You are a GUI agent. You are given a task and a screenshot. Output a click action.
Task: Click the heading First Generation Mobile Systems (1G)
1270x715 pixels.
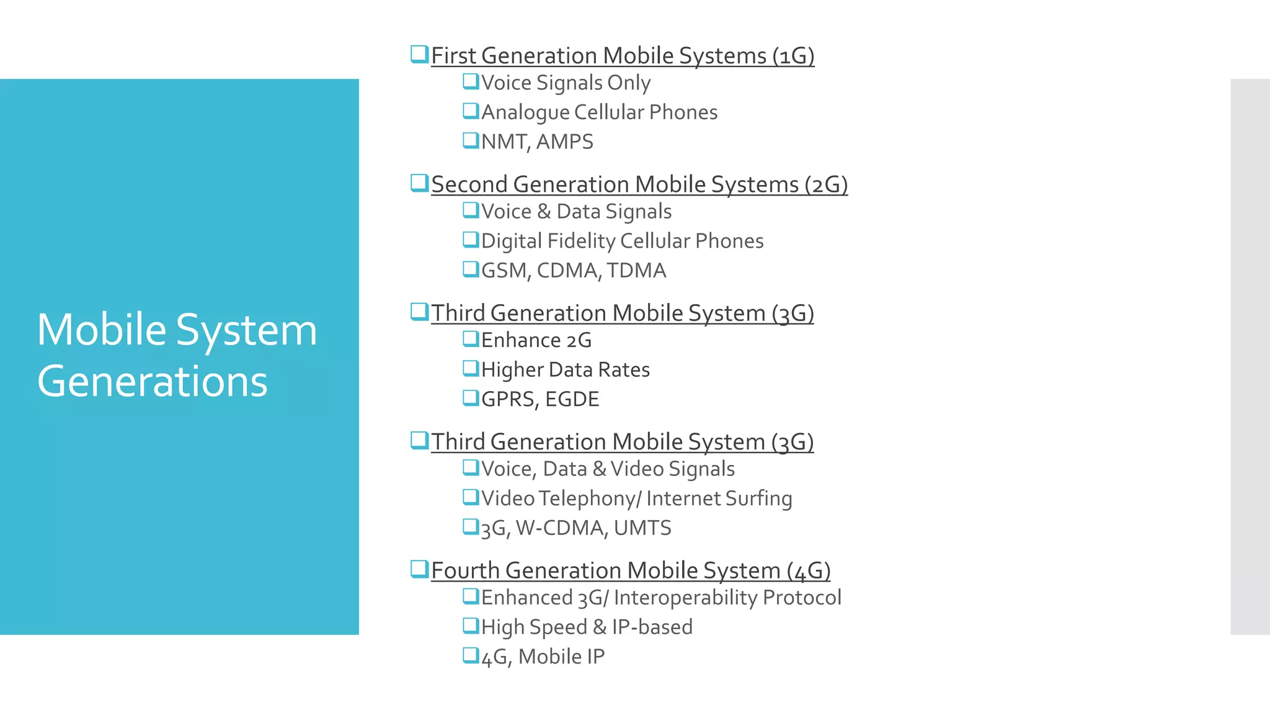(622, 56)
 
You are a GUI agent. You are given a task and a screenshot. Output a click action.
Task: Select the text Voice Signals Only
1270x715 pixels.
(566, 83)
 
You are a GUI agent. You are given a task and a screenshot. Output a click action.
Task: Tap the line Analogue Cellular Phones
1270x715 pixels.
(599, 112)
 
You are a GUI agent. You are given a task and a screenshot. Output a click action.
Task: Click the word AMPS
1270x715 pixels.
(564, 142)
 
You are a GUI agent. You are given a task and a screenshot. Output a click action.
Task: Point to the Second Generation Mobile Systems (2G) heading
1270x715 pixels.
(639, 185)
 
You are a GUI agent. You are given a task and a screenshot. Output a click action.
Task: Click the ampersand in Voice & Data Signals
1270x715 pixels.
(544, 212)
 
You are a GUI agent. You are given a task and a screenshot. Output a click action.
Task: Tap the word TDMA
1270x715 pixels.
(636, 271)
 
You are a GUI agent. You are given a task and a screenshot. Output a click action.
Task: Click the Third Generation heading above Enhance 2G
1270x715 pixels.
(622, 313)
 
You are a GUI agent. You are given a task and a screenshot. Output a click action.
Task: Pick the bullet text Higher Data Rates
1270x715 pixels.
(565, 370)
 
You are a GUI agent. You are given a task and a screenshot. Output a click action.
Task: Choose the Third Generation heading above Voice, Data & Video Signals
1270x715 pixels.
(622, 442)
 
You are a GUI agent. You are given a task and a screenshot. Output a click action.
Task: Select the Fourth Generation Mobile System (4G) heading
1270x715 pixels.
(630, 570)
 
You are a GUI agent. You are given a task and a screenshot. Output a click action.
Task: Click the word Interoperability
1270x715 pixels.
(685, 598)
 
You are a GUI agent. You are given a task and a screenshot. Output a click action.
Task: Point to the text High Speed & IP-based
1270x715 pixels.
(587, 627)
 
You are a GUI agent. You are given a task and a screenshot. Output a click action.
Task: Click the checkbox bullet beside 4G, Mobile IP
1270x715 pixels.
(471, 655)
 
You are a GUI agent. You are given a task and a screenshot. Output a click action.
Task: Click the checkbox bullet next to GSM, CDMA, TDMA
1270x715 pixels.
(471, 269)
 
